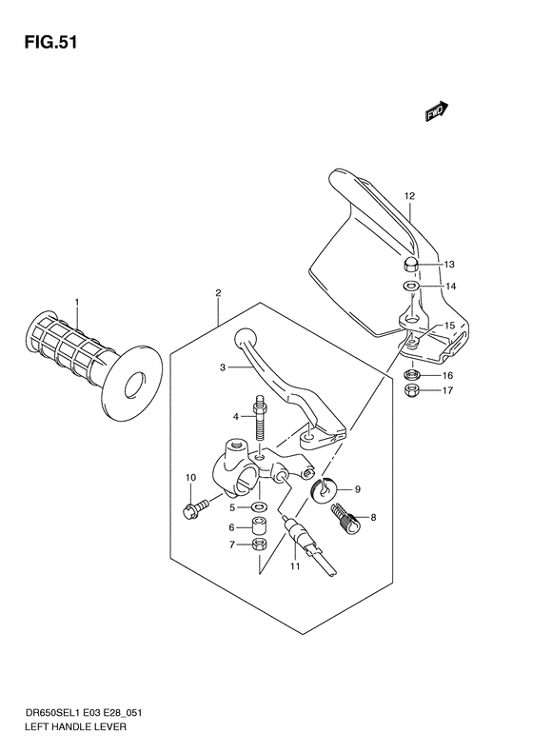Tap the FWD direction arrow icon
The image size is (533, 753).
tap(437, 112)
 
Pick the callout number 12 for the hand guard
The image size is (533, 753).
tap(409, 197)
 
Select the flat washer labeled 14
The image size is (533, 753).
tap(409, 286)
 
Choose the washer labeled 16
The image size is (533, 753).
tap(414, 375)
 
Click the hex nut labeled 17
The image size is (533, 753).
tap(414, 391)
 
